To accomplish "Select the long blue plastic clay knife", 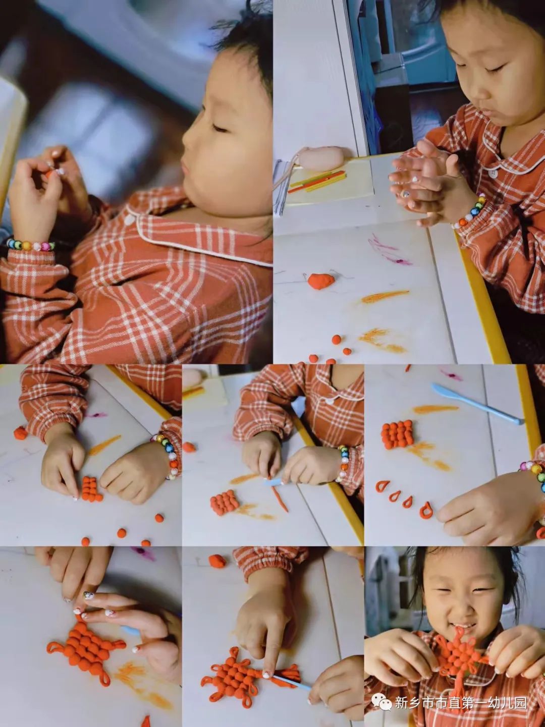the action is click(x=477, y=404).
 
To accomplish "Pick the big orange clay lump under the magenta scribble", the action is click(x=320, y=280).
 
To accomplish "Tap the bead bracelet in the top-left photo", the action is click(x=30, y=244).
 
